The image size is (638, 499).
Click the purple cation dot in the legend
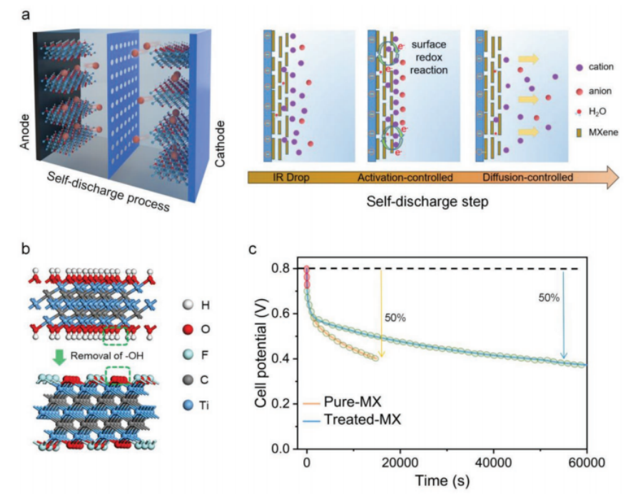click(x=580, y=67)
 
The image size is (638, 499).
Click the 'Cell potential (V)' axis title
click(x=265, y=357)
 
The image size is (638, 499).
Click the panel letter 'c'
click(x=252, y=250)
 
